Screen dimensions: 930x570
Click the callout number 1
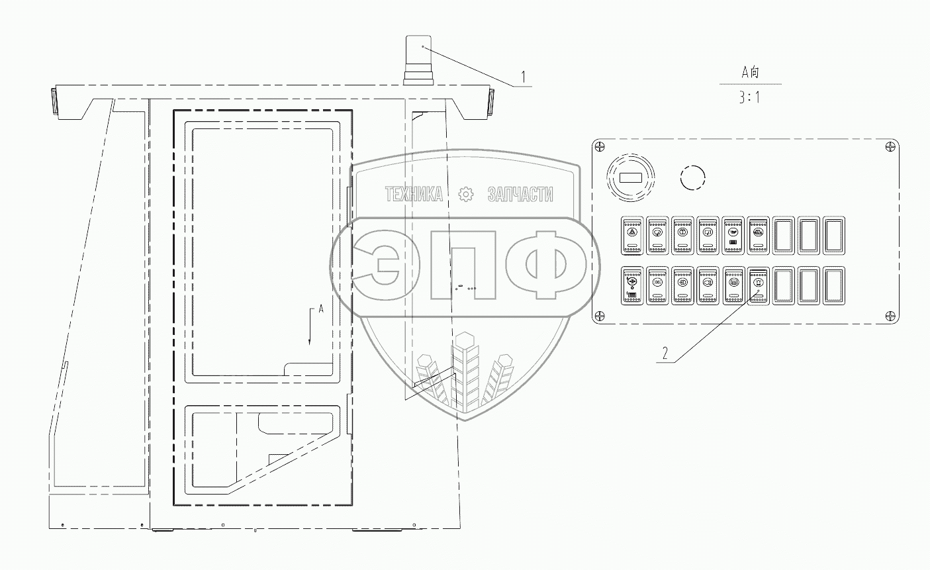point(523,77)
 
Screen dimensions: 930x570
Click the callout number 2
point(665,354)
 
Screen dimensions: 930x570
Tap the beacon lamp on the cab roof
point(418,60)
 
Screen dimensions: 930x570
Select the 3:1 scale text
point(749,97)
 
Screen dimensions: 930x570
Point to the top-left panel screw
point(600,146)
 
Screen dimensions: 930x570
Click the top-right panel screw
point(890,146)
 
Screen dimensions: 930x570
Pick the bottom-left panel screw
point(600,316)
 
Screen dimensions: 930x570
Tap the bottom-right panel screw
point(890,316)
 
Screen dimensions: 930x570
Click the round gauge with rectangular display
point(630,177)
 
